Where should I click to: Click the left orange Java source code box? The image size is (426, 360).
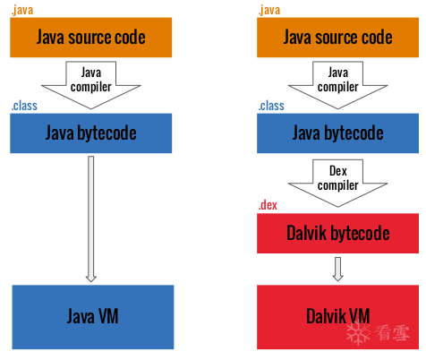pos(91,38)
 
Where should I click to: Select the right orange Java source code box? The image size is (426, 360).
pos(337,38)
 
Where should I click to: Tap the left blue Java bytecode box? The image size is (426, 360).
pos(91,133)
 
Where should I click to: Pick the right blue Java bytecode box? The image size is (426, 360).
pos(337,133)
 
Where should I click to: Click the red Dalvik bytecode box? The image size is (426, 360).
pos(337,233)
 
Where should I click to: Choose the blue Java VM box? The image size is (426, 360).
pos(93,317)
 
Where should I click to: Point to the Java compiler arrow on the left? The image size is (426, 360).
pos(91,85)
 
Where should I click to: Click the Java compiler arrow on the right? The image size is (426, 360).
pos(337,85)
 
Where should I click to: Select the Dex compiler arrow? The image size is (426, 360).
pos(337,183)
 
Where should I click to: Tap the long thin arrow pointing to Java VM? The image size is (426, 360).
pos(91,219)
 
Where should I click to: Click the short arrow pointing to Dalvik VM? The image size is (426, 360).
pos(337,269)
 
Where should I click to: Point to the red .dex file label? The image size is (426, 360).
pos(268,205)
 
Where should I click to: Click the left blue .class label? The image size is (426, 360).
pos(24,106)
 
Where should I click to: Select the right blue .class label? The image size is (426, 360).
pos(271,106)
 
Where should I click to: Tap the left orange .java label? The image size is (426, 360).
pos(22,10)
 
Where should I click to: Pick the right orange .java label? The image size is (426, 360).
pos(269,10)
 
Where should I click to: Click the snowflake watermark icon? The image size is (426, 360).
pos(358,332)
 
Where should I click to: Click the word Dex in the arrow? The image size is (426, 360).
pos(338,171)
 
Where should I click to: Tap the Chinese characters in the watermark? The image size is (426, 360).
pos(392,332)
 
